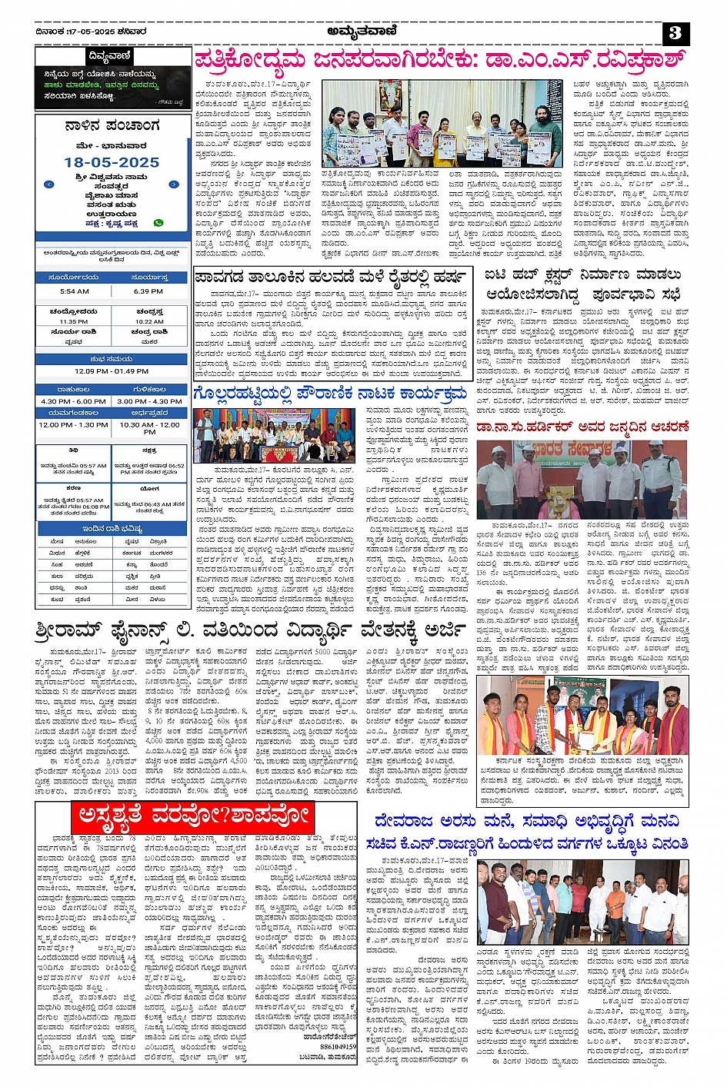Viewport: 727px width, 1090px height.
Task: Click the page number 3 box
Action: (675, 33)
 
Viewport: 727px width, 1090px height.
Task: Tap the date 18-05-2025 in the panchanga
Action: (112, 163)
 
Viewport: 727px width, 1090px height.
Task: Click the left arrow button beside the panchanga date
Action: (49, 184)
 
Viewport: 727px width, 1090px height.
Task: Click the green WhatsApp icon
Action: (158, 223)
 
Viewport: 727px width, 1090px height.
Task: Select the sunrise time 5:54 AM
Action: (74, 291)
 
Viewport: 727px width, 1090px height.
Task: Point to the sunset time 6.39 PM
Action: (148, 291)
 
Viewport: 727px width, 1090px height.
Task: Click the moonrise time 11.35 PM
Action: (74, 321)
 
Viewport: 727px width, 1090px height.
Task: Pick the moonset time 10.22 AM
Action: (149, 321)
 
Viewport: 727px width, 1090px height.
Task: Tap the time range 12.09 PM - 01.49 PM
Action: (112, 371)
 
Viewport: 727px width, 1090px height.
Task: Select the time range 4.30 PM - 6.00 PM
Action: (74, 401)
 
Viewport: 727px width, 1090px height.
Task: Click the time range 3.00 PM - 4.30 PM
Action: (149, 401)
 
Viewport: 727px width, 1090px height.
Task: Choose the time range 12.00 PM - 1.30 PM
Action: (74, 424)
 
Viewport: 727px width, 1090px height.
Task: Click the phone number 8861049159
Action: (338, 1046)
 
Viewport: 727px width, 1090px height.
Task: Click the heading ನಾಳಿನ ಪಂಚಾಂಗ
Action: (112, 125)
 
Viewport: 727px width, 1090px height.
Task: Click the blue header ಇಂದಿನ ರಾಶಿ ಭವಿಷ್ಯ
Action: (112, 529)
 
